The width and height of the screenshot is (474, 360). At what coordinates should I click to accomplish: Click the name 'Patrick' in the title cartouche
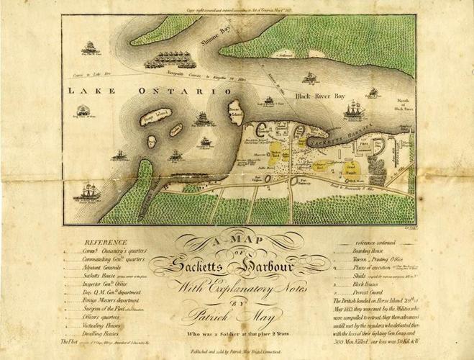click(x=209, y=315)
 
